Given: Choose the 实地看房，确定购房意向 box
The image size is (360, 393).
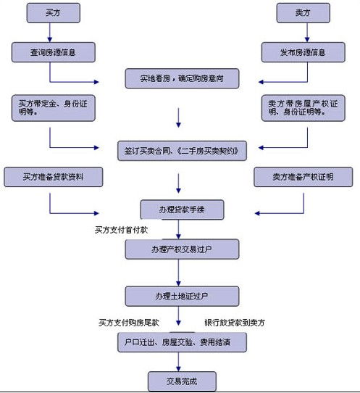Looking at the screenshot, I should click(180, 78).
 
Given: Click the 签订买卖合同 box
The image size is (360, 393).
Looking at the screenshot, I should click(180, 150).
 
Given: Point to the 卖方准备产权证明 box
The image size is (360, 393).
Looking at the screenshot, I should click(302, 177).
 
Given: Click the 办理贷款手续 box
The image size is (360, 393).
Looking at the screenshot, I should click(182, 210).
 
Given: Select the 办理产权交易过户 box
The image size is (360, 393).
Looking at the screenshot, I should click(182, 249).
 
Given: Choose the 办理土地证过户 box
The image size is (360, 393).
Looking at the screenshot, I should click(182, 296).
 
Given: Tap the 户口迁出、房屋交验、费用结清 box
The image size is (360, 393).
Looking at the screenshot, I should click(182, 342).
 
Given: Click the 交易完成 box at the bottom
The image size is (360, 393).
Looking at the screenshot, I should click(182, 380).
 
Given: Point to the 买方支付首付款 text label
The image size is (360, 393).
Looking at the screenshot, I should click(120, 229).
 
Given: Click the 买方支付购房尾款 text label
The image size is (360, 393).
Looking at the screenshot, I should click(128, 322).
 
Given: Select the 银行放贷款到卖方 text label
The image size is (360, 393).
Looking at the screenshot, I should click(235, 322).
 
